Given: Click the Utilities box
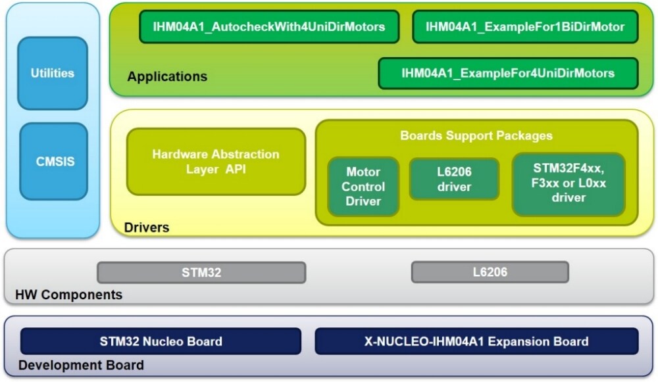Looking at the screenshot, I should (x=52, y=73).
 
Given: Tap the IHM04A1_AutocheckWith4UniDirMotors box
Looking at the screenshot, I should (x=269, y=27).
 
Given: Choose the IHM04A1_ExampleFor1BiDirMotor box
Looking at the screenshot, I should (x=524, y=27).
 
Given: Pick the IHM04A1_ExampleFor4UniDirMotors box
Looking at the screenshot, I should (x=508, y=73).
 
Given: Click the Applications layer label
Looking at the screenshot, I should (x=167, y=77).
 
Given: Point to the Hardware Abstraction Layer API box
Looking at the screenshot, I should (x=216, y=162).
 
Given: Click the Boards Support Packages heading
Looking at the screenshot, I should (x=476, y=136).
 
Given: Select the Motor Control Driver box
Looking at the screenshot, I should (x=363, y=187).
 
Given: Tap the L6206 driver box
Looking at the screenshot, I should (x=454, y=179).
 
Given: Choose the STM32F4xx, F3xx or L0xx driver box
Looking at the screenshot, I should (x=569, y=184).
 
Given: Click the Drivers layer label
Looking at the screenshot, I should (x=146, y=228).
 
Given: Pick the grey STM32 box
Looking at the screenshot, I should (x=201, y=272).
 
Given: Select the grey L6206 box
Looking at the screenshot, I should (x=490, y=272).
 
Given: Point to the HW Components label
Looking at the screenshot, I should (x=68, y=295).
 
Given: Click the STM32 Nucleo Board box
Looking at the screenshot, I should (x=161, y=341).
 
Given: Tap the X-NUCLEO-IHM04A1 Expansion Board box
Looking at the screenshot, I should (x=476, y=341).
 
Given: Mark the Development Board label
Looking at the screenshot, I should (x=81, y=366).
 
